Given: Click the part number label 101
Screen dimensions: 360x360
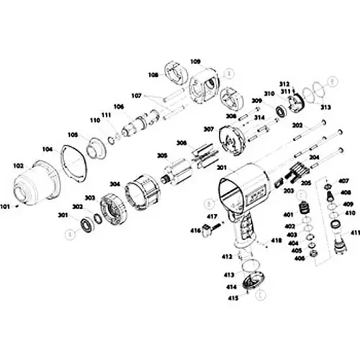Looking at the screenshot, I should coord(6,206).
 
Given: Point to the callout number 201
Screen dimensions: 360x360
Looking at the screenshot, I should coord(222,168).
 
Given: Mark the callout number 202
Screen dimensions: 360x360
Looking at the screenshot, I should coord(297,125).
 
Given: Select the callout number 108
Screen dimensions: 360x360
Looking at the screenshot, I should coord(153,74).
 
